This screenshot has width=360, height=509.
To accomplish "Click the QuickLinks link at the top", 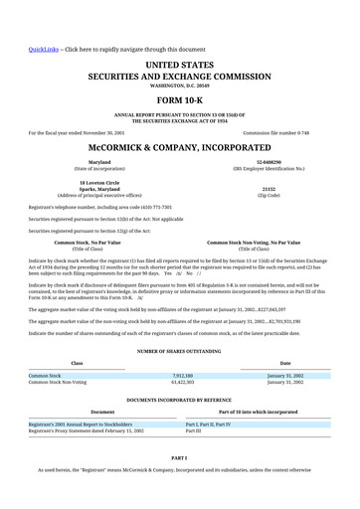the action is click(44, 49).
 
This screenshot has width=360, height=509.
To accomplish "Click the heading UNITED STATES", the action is click(180, 64).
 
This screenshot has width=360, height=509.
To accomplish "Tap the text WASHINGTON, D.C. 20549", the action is click(180, 85).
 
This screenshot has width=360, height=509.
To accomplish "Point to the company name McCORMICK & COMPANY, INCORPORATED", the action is click(180, 146).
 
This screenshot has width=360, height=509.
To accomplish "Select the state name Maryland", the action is click(99, 161).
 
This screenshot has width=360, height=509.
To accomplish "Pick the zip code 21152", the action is click(269, 187).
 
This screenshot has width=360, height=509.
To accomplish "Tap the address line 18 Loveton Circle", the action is click(99, 182).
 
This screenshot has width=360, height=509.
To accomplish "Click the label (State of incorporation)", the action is click(99, 168).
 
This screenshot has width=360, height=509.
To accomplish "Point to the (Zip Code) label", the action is click(269, 194).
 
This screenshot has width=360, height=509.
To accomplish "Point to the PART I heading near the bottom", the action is click(180, 457).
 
